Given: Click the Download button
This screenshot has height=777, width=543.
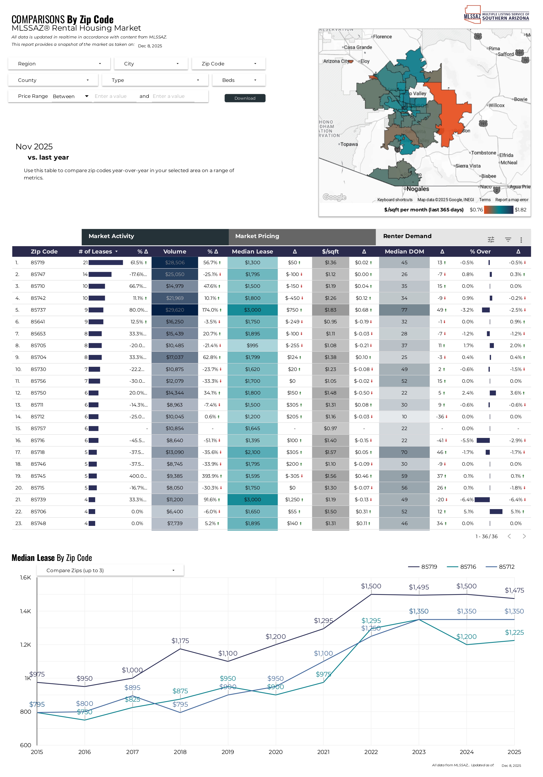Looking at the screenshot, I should [x=245, y=98].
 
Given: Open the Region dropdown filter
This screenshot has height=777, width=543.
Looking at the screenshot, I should [x=59, y=64].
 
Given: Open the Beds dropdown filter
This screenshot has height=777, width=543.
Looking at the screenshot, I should [x=239, y=80].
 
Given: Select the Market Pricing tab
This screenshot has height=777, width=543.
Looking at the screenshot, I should [x=302, y=236].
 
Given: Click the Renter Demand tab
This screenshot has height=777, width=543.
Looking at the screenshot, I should [x=407, y=236].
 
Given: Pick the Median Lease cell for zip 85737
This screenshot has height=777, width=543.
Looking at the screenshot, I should [x=252, y=310].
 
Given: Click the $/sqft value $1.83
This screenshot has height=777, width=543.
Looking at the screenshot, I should [x=330, y=310].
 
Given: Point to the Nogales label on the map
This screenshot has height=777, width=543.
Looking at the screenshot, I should [x=418, y=189].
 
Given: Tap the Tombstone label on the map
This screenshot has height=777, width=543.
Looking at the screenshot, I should [x=483, y=153].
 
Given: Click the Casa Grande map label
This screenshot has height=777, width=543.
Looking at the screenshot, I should [x=358, y=47].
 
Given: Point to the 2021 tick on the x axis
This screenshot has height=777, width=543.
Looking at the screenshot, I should [x=323, y=752].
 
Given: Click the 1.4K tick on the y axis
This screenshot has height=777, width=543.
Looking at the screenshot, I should [x=25, y=611].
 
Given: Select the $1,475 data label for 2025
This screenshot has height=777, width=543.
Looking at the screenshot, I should [x=514, y=590].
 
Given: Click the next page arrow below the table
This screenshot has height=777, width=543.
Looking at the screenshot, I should [x=524, y=536].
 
